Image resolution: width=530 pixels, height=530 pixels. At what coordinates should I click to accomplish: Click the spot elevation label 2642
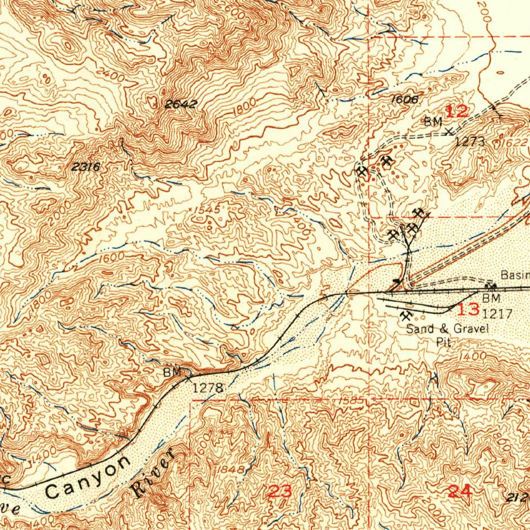(x=181, y=105)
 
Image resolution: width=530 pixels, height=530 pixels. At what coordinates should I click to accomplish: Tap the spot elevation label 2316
(x=85, y=167)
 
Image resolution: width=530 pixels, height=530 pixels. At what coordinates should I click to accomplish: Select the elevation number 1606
(x=404, y=99)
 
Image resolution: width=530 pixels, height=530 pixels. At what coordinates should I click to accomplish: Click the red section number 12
(x=457, y=110)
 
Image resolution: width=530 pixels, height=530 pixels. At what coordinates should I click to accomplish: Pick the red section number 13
(x=468, y=310)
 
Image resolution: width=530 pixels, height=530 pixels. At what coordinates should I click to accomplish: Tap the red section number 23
(x=279, y=491)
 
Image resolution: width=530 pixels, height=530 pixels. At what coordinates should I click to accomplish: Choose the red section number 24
(x=459, y=491)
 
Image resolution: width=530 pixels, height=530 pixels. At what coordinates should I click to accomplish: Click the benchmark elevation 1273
(x=469, y=141)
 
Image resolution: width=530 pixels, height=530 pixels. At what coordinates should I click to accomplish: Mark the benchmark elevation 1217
(x=497, y=314)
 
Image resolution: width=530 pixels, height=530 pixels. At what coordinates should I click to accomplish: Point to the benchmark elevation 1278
(x=208, y=388)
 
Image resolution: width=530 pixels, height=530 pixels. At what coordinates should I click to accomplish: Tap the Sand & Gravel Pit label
(x=443, y=334)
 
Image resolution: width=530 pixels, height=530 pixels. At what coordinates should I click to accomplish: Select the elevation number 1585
(x=351, y=401)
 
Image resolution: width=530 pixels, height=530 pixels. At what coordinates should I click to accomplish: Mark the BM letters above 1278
(x=173, y=372)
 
